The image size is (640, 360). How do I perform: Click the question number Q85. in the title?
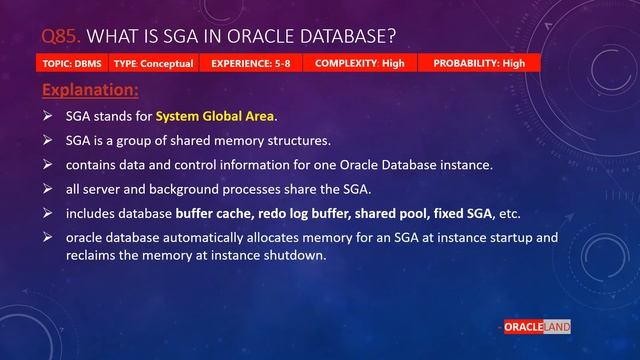(62, 37)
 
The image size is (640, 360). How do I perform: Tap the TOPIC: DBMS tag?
(73, 63)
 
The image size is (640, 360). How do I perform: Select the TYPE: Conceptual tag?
(153, 63)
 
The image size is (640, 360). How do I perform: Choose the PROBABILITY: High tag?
(479, 63)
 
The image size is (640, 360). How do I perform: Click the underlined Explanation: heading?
(91, 91)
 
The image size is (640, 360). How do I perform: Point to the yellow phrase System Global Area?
(216, 116)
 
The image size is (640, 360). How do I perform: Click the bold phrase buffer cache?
(213, 214)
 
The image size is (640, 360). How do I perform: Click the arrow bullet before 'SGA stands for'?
(48, 116)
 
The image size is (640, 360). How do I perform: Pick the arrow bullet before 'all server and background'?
(48, 189)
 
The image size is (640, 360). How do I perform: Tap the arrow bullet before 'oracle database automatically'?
(48, 238)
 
